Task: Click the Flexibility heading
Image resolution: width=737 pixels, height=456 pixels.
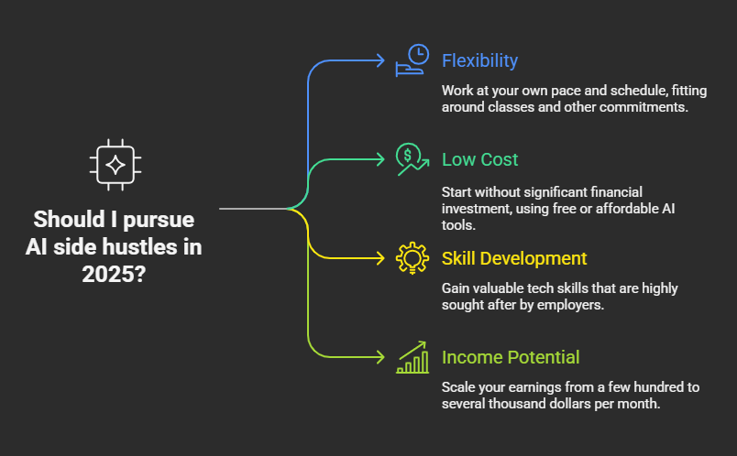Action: [479, 61]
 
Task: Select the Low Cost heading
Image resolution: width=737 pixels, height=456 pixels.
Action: [479, 159]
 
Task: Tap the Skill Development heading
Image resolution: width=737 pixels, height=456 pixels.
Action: [514, 259]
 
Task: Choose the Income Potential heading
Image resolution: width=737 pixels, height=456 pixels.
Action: [511, 357]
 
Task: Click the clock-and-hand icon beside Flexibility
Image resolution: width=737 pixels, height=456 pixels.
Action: [412, 60]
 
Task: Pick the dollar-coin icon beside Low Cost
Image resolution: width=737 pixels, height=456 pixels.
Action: [412, 159]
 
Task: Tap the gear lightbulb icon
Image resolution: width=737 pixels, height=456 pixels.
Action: [412, 258]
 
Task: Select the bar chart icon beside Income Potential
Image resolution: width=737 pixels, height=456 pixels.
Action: [412, 357]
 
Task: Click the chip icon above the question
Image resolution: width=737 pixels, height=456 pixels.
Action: [115, 165]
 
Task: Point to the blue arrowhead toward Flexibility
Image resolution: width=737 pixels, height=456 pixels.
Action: [379, 60]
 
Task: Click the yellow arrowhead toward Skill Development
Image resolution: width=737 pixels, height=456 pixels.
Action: [379, 258]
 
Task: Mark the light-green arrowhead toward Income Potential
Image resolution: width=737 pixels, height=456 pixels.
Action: [379, 357]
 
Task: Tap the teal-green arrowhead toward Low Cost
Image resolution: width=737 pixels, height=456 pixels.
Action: [379, 159]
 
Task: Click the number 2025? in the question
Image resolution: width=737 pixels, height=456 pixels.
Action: [114, 274]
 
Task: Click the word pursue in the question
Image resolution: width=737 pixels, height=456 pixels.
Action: [159, 220]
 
